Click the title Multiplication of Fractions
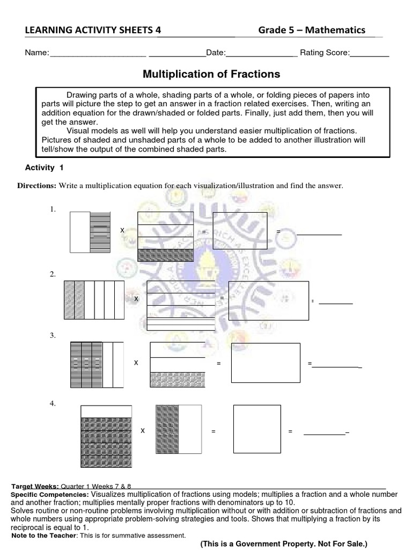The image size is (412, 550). click(x=211, y=73)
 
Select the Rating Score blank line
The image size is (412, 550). click(x=370, y=55)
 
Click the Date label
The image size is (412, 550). click(x=216, y=53)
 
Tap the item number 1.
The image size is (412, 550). click(x=53, y=209)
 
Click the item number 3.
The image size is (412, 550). click(x=53, y=335)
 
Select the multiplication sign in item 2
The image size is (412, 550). click(x=136, y=298)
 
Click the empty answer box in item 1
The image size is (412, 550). click(x=240, y=231)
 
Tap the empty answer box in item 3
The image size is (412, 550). click(x=266, y=363)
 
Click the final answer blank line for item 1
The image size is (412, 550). click(x=319, y=235)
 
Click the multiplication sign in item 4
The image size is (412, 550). click(x=143, y=431)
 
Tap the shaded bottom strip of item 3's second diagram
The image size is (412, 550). click(x=178, y=380)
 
